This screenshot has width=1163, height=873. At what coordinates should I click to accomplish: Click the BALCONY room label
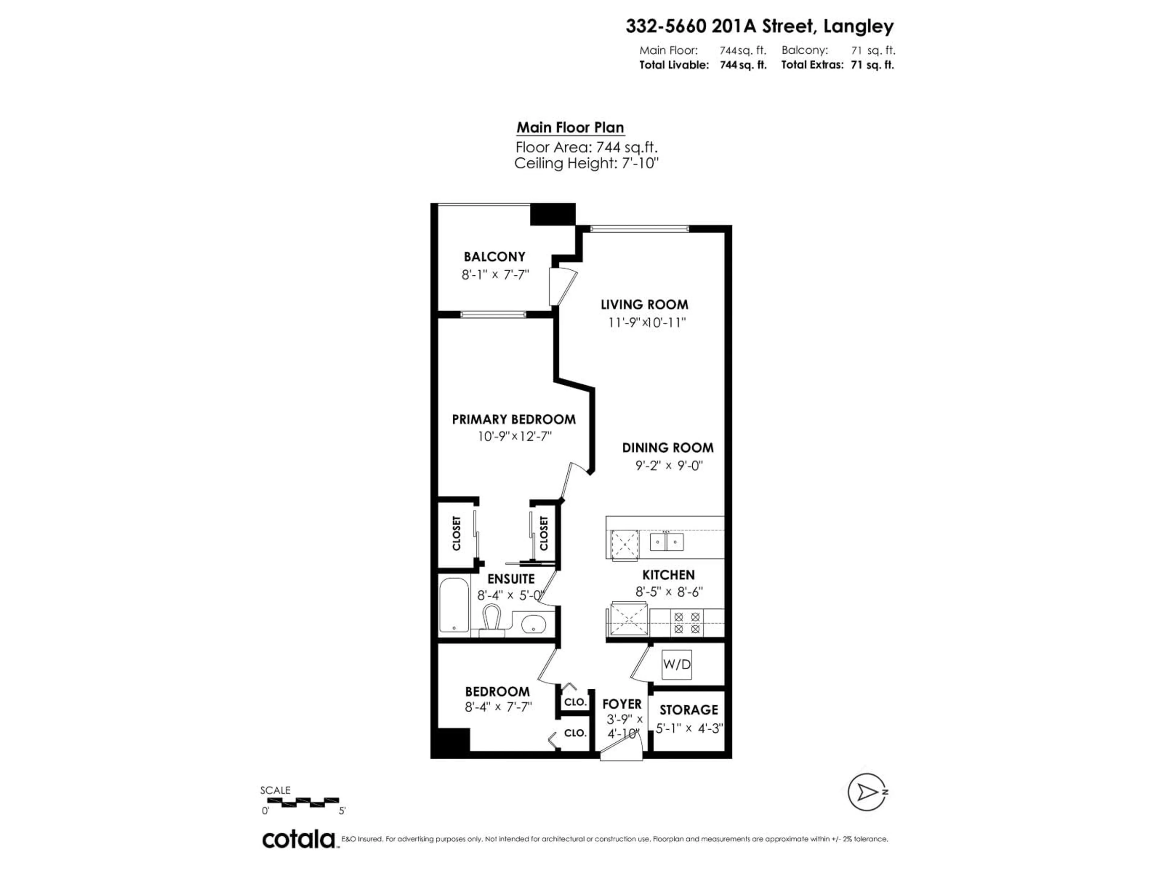pos(494,257)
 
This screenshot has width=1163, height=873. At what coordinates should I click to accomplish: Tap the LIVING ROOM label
pos(644,305)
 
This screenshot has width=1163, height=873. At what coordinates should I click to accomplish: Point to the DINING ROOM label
pos(668,448)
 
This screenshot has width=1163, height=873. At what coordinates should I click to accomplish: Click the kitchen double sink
pos(666,541)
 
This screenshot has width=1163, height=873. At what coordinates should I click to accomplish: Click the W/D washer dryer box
pos(677,664)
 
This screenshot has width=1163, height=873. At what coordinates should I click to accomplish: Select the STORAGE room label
pos(689,710)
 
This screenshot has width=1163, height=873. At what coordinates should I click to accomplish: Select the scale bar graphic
pos(300,802)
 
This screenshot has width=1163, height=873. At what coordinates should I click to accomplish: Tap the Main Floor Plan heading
pos(570,128)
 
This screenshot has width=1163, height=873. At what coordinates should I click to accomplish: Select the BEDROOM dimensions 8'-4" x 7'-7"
pos(498,707)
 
